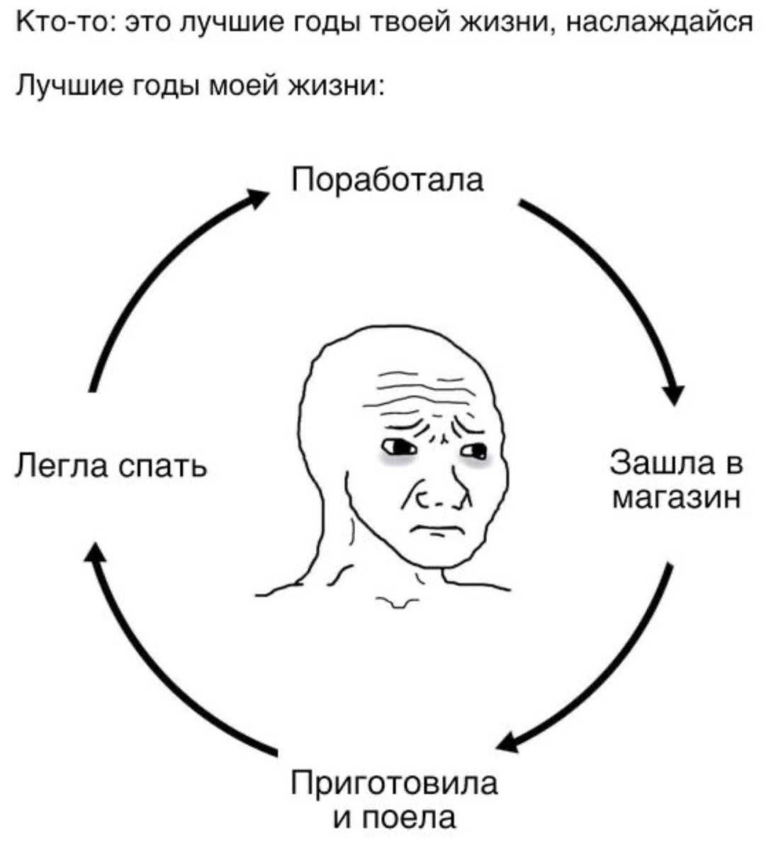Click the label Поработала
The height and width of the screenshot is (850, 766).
388,181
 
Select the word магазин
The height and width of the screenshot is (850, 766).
677,498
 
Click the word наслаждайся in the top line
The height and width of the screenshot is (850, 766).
660,23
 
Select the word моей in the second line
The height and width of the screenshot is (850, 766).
244,85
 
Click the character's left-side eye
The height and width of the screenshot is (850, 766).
399,447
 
